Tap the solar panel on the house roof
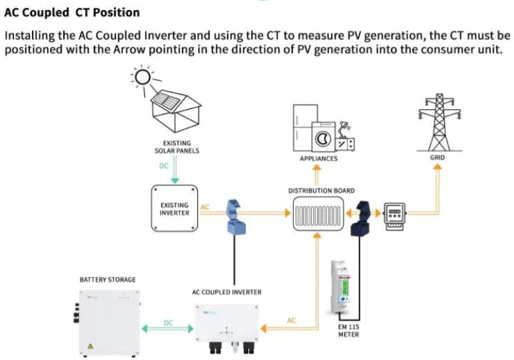tap(167, 101)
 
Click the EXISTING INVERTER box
tap(174, 209)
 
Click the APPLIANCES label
tap(318, 159)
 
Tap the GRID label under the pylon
tap(437, 158)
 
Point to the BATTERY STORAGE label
tap(107, 279)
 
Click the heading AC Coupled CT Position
tap(72, 12)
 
